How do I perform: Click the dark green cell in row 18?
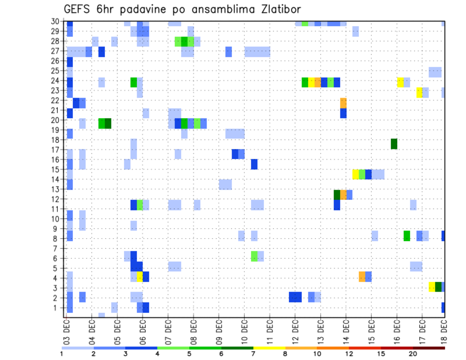click(x=394, y=144)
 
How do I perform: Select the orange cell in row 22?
click(x=343, y=103)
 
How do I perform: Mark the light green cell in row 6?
click(x=254, y=256)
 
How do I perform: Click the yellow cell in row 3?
click(x=432, y=286)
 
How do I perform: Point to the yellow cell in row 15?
click(x=356, y=174)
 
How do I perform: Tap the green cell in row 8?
click(x=406, y=236)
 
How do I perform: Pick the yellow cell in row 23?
click(x=419, y=92)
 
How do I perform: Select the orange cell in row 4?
click(x=362, y=277)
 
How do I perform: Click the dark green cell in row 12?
click(x=337, y=195)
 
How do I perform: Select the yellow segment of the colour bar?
click(x=269, y=348)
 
